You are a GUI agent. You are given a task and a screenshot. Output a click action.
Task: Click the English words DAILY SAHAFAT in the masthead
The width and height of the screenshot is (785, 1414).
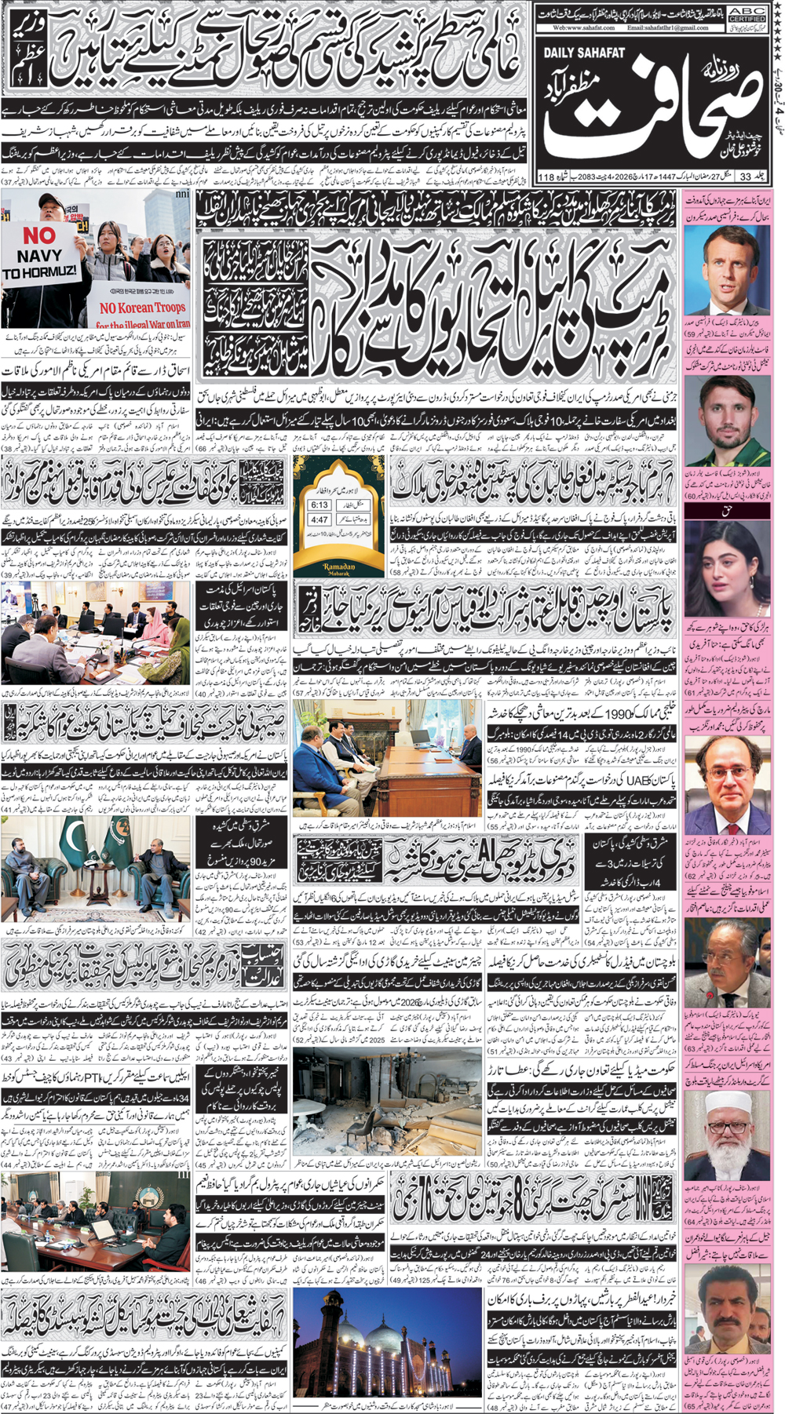(x=584, y=53)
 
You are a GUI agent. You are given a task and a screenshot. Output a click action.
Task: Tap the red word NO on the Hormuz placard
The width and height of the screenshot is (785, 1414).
(x=38, y=235)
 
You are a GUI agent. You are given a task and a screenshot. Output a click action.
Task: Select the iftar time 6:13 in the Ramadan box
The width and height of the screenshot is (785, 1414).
(x=319, y=505)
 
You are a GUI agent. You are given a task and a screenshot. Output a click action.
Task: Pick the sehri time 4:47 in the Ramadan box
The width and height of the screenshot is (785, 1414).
(x=319, y=519)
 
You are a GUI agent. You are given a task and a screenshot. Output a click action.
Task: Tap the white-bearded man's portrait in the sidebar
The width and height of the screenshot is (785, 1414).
(x=727, y=1132)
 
